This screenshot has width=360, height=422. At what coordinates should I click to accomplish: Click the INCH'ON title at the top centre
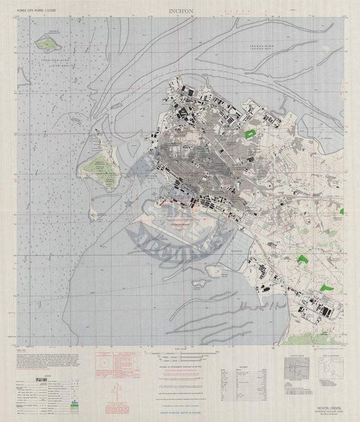(x=181, y=10)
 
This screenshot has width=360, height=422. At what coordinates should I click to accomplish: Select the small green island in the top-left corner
(x=46, y=42)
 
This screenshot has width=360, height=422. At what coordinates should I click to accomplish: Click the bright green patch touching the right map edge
(x=341, y=211)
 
